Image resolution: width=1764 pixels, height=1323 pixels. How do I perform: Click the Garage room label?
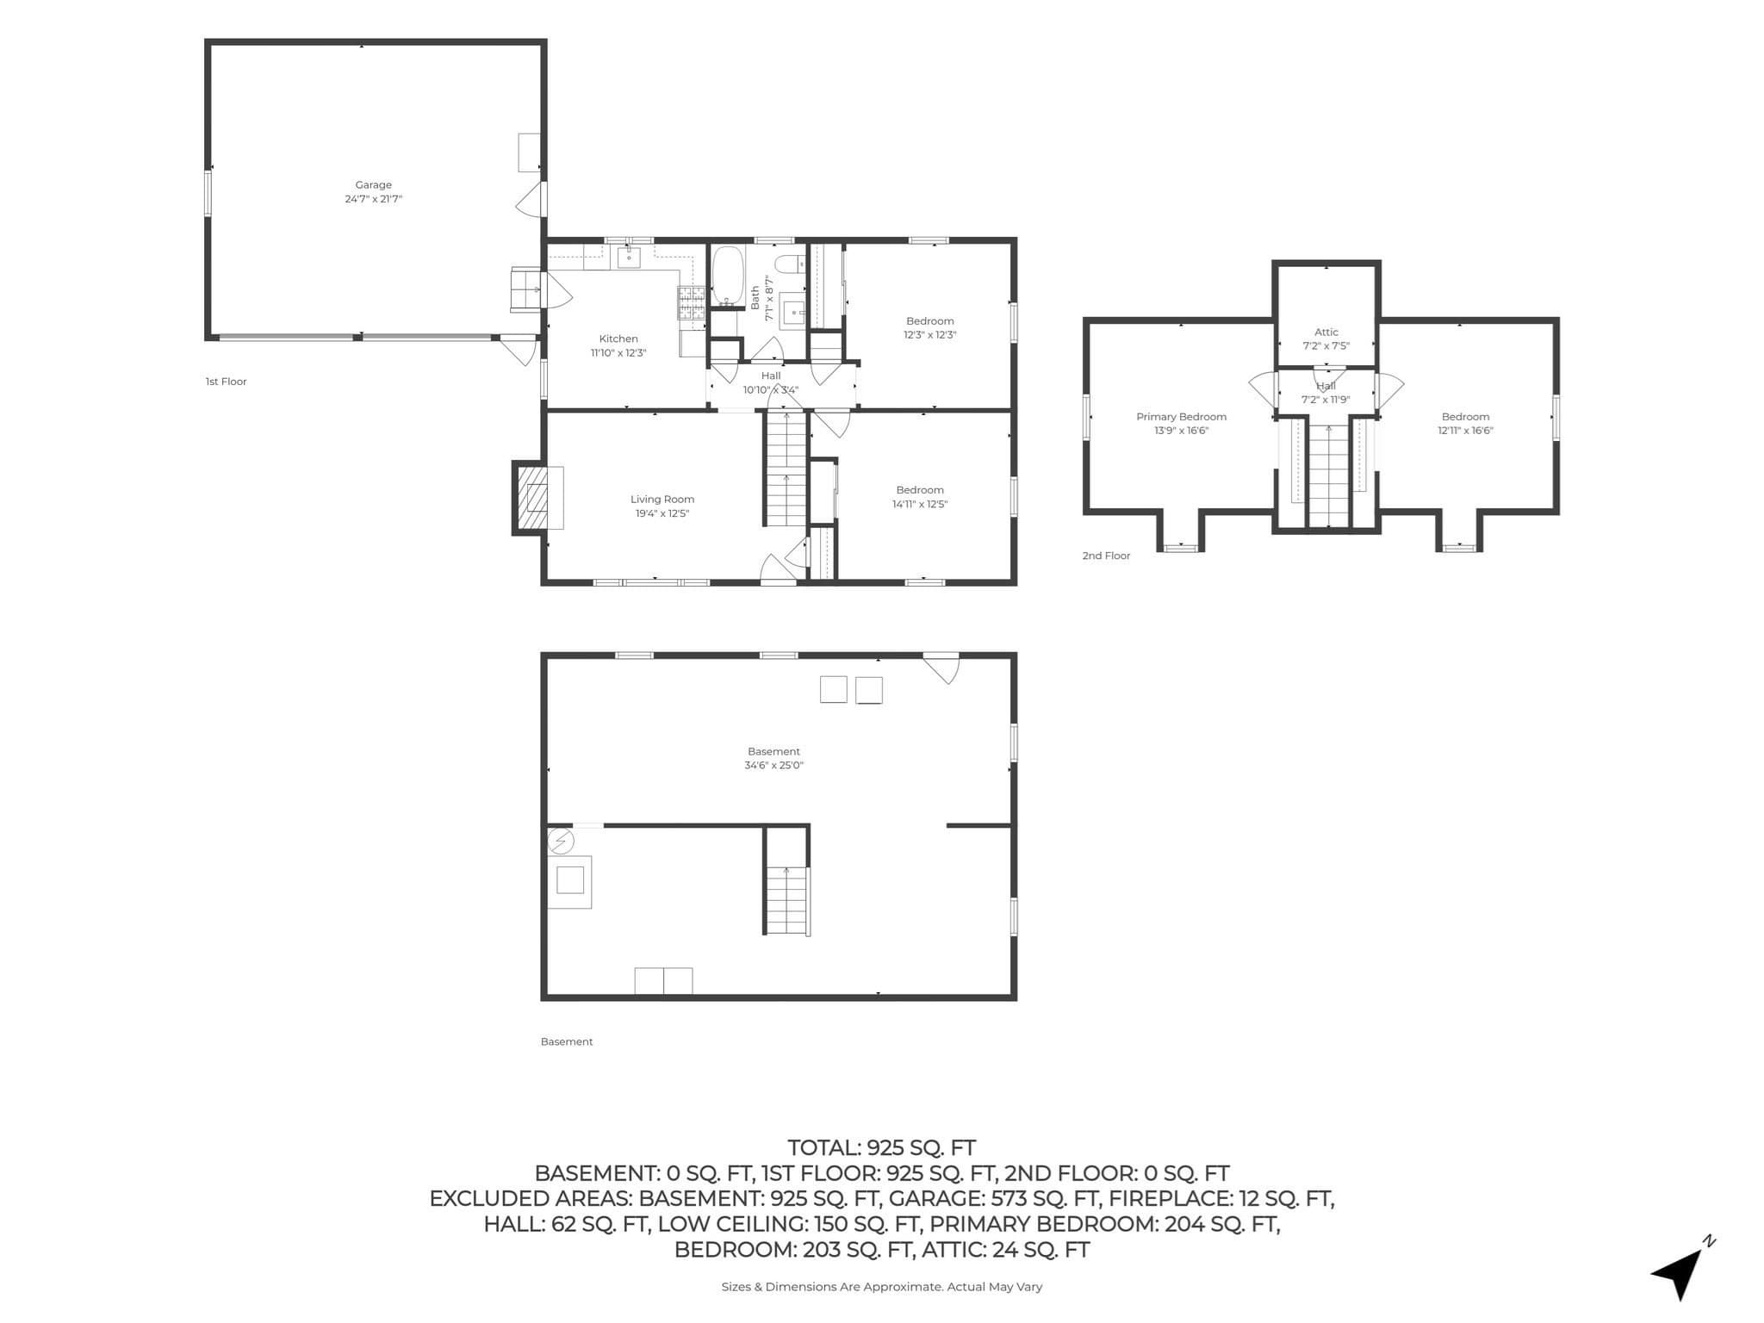(x=373, y=185)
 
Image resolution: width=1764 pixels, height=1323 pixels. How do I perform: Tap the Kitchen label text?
(x=618, y=339)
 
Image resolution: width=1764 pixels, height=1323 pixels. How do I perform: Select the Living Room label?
(x=662, y=500)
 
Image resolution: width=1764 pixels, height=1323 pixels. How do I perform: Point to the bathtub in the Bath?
(x=728, y=276)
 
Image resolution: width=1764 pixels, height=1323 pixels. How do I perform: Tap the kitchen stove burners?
(x=692, y=304)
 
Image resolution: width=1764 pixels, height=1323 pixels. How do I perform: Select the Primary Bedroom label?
(x=1181, y=417)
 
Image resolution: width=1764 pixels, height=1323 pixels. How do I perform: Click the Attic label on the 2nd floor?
(x=1326, y=332)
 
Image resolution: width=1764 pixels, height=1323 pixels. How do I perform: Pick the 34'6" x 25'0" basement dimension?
(x=773, y=766)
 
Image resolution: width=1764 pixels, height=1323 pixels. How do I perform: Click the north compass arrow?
(x=1680, y=1271)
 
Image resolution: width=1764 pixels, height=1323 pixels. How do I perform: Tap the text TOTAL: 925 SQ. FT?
(x=881, y=1148)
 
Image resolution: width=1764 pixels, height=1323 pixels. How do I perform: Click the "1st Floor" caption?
(x=226, y=382)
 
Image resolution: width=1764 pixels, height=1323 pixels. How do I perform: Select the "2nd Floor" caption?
(x=1106, y=556)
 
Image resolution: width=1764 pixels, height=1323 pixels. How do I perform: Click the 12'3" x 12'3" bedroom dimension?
(x=930, y=335)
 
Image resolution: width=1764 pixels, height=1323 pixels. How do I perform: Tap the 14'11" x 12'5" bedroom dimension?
(x=920, y=505)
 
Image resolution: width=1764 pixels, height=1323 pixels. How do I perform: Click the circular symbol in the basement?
(x=561, y=841)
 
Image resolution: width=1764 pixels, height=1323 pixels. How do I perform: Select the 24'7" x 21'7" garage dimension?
(x=373, y=199)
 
